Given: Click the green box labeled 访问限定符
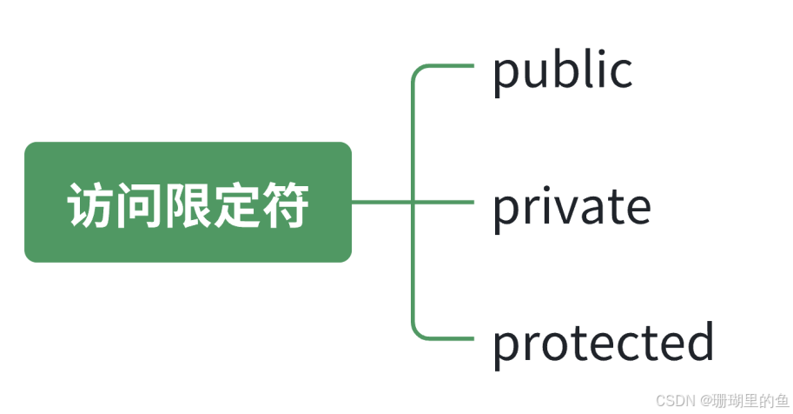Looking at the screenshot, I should pos(188,202).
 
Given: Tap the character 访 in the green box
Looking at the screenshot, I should pos(89,205).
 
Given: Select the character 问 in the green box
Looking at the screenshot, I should pos(138,205).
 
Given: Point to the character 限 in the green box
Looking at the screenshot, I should pos(188,205).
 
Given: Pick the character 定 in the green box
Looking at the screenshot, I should pos(236,205).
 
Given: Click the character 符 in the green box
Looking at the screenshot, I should pos(285,205).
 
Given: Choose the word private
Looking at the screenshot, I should pos(572,207).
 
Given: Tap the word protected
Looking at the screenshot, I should pos(603,342).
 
